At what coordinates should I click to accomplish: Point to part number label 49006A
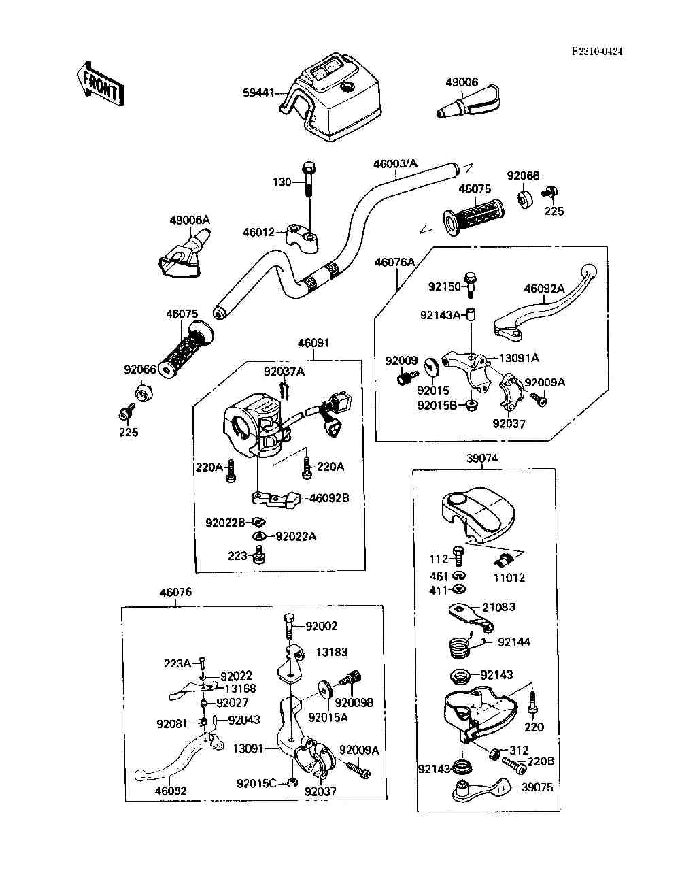190,220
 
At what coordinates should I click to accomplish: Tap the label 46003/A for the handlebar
395,163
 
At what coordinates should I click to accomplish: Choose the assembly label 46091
313,343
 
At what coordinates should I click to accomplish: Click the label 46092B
329,498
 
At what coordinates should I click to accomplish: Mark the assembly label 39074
482,458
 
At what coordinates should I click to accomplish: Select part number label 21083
500,606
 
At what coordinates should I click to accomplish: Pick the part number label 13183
331,652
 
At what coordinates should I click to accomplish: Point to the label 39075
538,787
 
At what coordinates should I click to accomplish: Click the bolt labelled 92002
289,625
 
